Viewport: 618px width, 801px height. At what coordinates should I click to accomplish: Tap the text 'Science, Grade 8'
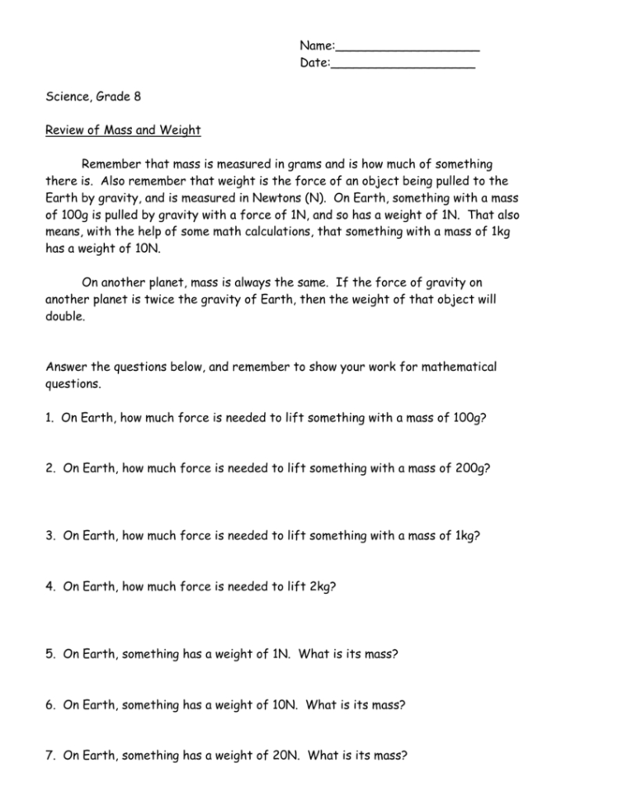93,97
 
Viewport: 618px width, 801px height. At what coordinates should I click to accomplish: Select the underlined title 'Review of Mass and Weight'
123,130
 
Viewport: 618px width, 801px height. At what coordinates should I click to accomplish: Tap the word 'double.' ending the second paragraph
64,317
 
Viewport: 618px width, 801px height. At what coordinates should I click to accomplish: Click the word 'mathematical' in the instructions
460,367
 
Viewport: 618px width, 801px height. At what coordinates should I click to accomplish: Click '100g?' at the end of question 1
469,418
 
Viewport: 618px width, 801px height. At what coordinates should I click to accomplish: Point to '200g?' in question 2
472,468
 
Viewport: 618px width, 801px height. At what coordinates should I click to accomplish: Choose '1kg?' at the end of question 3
467,536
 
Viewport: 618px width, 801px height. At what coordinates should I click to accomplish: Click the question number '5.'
51,653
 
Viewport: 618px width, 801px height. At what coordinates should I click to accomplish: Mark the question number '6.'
51,704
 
